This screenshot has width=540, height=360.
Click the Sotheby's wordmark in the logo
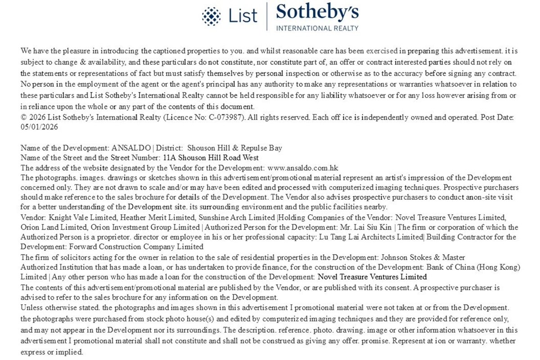tap(317, 13)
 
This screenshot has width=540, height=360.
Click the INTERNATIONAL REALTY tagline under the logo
tap(317, 28)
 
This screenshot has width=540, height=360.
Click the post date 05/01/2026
tap(39, 127)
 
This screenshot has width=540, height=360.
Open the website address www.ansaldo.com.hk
tap(306, 167)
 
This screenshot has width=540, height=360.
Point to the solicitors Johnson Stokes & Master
tap(423, 257)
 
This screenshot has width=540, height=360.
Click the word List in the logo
tap(243, 16)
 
